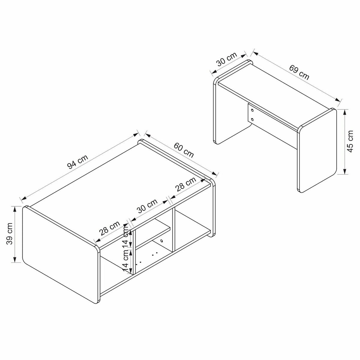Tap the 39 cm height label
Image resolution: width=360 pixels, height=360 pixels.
tap(9, 234)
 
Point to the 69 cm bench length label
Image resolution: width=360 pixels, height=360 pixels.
tap(299, 72)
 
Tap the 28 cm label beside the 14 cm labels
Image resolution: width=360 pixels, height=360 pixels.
tap(109, 228)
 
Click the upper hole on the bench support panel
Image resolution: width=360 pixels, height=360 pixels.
tap(252, 111)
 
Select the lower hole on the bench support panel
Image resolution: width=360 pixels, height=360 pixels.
tap(252, 119)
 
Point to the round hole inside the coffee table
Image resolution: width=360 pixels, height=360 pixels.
tap(161, 241)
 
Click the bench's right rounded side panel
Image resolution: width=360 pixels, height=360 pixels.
tap(317, 150)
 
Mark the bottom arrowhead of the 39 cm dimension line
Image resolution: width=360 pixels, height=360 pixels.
tap(15, 259)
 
